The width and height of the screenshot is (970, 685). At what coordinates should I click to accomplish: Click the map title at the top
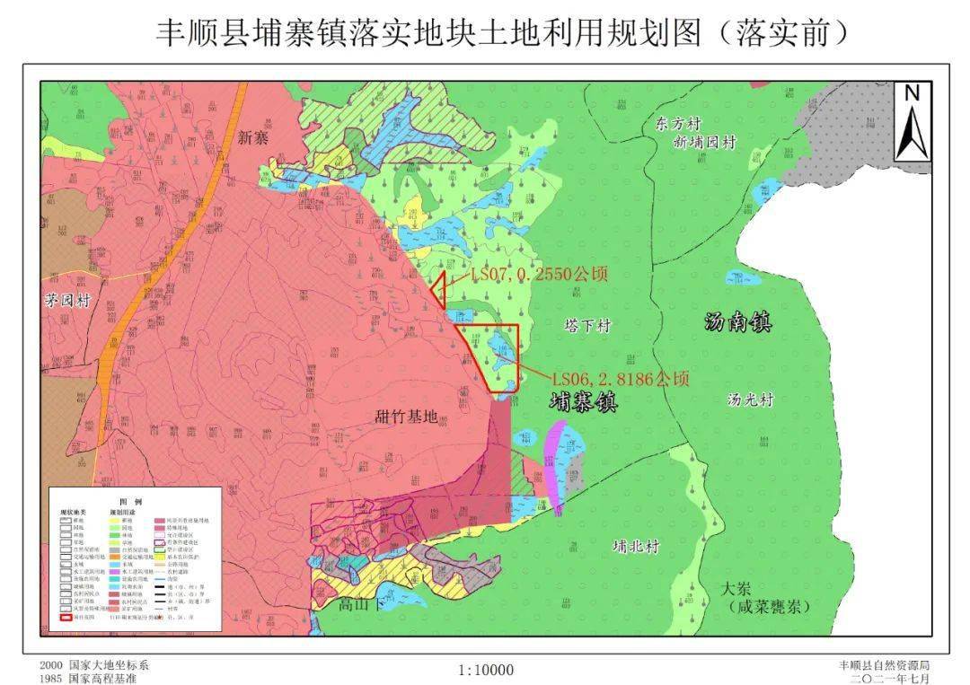[502, 33]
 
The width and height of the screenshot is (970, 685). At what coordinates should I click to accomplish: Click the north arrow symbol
[912, 121]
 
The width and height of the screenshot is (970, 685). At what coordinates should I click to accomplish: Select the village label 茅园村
[69, 301]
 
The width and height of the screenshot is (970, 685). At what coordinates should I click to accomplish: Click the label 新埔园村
[704, 142]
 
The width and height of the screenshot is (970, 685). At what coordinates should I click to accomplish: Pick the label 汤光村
[750, 400]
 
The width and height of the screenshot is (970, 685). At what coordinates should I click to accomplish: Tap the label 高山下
[360, 604]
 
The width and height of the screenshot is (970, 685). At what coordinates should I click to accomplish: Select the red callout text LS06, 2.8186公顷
[621, 379]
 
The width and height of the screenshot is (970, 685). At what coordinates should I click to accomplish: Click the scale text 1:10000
[485, 670]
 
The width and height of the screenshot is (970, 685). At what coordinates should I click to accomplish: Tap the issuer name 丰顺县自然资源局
[884, 665]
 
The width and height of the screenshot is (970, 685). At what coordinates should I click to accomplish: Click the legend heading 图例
[132, 501]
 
